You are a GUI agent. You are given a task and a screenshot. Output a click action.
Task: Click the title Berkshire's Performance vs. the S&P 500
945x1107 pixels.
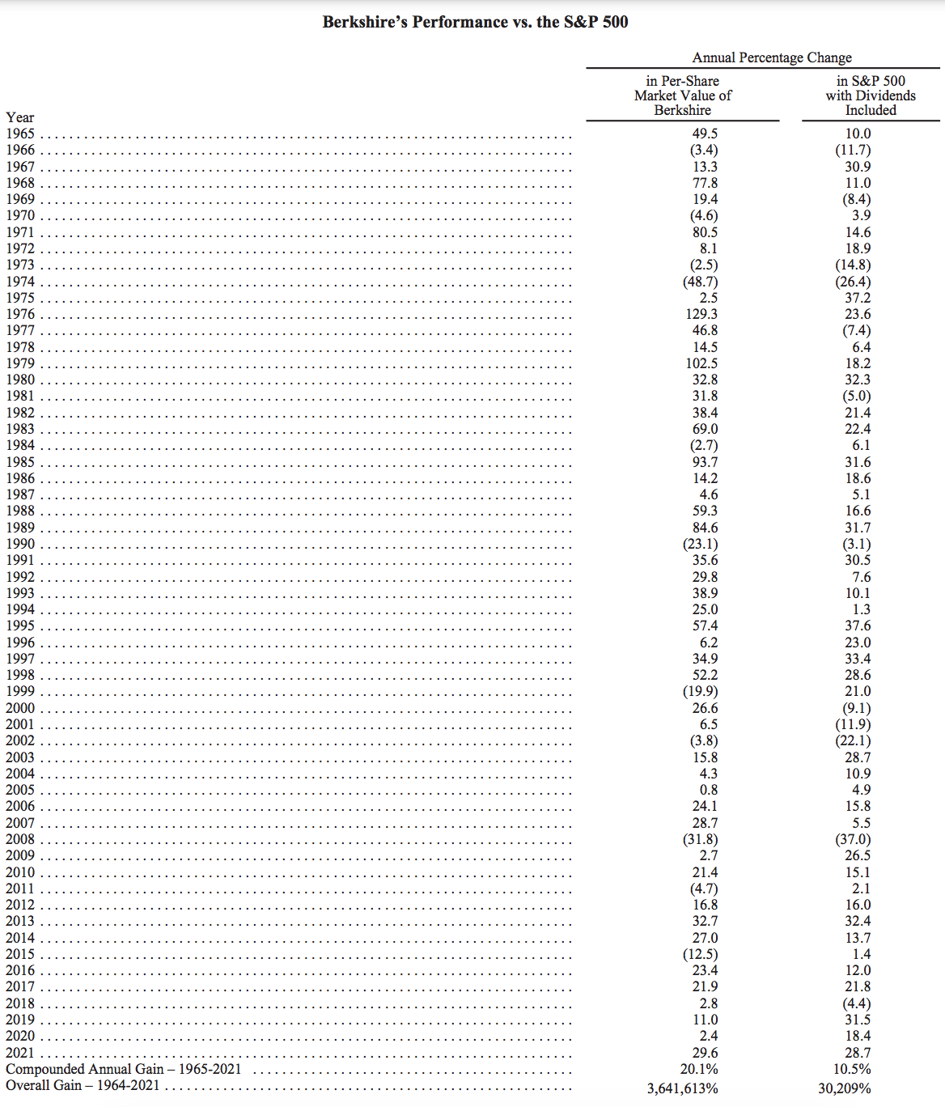pyautogui.click(x=475, y=22)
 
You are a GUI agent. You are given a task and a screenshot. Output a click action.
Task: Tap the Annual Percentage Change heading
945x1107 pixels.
pyautogui.click(x=771, y=57)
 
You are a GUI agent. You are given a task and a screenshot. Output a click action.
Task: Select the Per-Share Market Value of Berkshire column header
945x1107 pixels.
pyautogui.click(x=682, y=95)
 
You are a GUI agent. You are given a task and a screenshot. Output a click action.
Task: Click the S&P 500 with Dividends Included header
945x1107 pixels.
pyautogui.click(x=871, y=95)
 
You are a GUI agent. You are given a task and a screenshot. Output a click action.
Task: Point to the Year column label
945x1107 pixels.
pyautogui.click(x=20, y=117)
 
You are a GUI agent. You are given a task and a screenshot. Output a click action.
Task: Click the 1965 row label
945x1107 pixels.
pyautogui.click(x=20, y=134)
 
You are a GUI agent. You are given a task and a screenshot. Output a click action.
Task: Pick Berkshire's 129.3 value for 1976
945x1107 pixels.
pyautogui.click(x=701, y=314)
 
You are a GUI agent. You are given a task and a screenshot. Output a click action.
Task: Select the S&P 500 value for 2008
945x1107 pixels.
pyautogui.click(x=854, y=839)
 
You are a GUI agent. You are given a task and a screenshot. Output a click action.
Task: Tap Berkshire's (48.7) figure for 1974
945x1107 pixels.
pyautogui.click(x=700, y=282)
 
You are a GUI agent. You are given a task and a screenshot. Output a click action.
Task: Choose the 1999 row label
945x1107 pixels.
pyautogui.click(x=20, y=691)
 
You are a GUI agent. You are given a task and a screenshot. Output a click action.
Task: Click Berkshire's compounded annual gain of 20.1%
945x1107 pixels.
pyautogui.click(x=699, y=1069)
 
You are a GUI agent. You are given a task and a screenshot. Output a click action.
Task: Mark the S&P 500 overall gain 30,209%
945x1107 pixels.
pyautogui.click(x=845, y=1088)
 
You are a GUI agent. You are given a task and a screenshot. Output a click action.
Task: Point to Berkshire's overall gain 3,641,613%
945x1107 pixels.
pyautogui.click(x=682, y=1088)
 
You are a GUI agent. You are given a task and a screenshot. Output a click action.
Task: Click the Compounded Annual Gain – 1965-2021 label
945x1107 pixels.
pyautogui.click(x=124, y=1069)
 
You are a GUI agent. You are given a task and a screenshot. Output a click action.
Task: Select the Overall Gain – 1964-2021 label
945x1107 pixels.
pyautogui.click(x=83, y=1085)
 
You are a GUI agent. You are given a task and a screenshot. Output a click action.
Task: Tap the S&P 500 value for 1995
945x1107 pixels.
pyautogui.click(x=858, y=626)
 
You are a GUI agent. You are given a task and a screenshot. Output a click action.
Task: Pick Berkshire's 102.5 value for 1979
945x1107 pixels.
pyautogui.click(x=701, y=363)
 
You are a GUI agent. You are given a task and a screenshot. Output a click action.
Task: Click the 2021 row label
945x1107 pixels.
pyautogui.click(x=20, y=1053)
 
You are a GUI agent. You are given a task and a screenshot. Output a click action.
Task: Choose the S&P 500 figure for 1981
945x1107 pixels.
pyautogui.click(x=857, y=396)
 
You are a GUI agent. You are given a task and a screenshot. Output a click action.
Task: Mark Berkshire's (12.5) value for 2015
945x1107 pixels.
pyautogui.click(x=700, y=954)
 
